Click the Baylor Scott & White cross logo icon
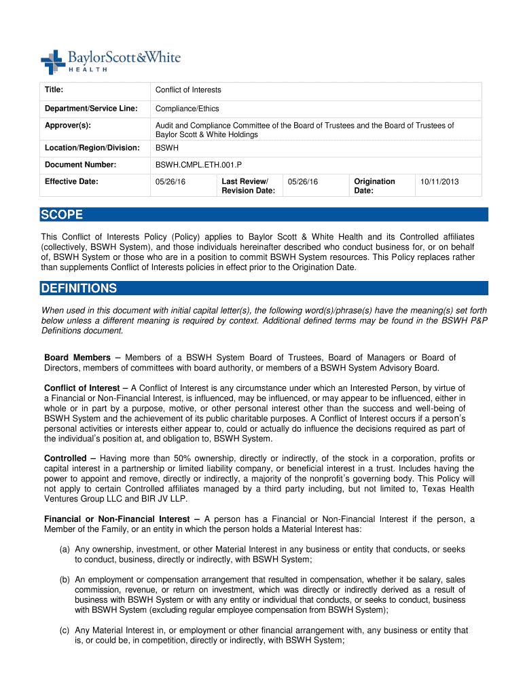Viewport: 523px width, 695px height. point(52,62)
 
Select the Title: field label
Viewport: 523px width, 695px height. point(54,90)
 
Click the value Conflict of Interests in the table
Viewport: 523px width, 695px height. point(188,90)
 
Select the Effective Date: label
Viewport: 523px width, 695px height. point(71,181)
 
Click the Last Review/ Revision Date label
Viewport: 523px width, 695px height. point(248,186)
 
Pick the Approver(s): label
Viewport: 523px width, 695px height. point(67,126)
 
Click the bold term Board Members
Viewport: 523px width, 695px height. point(77,358)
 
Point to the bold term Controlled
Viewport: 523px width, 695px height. point(65,458)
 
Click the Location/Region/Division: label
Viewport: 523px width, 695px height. point(92,147)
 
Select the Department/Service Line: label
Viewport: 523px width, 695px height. point(91,108)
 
